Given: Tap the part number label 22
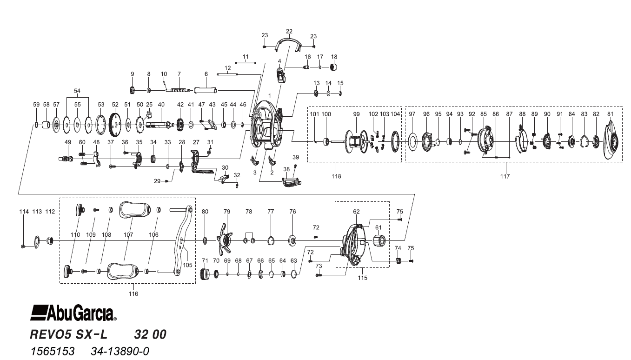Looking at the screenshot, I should click(289, 32).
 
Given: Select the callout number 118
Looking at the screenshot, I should click(336, 176).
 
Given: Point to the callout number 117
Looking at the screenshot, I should click(505, 176).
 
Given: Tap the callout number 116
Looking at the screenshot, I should click(133, 293).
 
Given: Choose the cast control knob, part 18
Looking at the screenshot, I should click(333, 68).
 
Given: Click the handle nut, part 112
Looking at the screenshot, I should click(51, 240).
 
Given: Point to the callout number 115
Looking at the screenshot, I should click(362, 278).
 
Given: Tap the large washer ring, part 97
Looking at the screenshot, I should click(412, 141).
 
